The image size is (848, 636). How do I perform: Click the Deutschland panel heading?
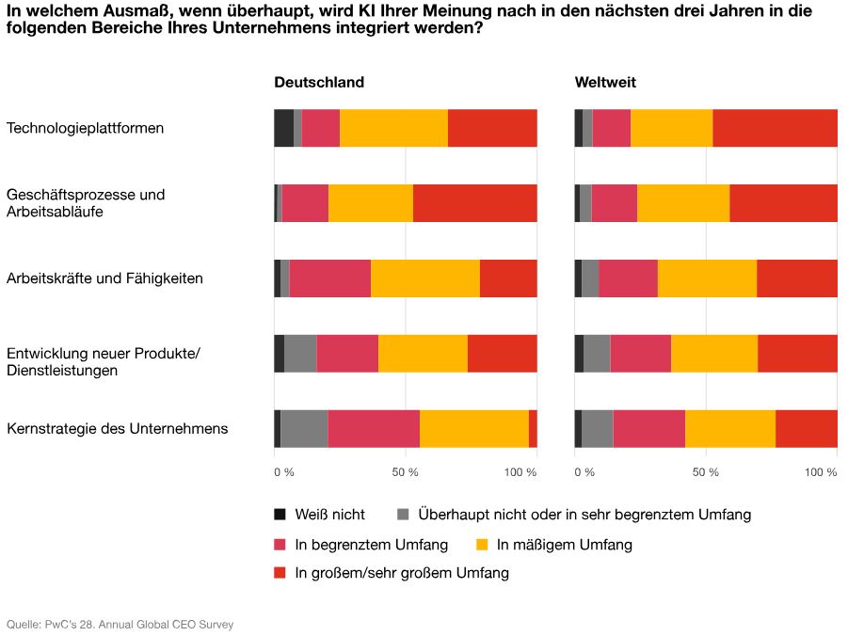318,83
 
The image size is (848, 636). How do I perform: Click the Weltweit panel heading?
605,83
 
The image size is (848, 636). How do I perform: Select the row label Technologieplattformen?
85,128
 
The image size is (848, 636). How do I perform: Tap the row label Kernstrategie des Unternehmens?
117,429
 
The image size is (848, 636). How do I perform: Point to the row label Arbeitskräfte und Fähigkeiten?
104,278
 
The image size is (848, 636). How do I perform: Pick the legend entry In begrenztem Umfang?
371,545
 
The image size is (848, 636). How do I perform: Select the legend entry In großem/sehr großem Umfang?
401,573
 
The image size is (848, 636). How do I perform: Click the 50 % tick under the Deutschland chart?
405,471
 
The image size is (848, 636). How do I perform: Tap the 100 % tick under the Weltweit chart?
821,471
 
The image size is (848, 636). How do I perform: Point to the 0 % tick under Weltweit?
584,471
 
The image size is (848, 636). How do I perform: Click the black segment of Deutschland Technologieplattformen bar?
283,128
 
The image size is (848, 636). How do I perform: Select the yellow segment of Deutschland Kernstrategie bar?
473,429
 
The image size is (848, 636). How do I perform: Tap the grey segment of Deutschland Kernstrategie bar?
304,429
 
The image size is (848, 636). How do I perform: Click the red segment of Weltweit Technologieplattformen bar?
775,128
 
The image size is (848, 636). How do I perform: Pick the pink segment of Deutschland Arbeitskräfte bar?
329,278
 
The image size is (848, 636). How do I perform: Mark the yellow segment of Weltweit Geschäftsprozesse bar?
683,203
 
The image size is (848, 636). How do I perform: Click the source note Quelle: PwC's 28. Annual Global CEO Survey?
120,624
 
